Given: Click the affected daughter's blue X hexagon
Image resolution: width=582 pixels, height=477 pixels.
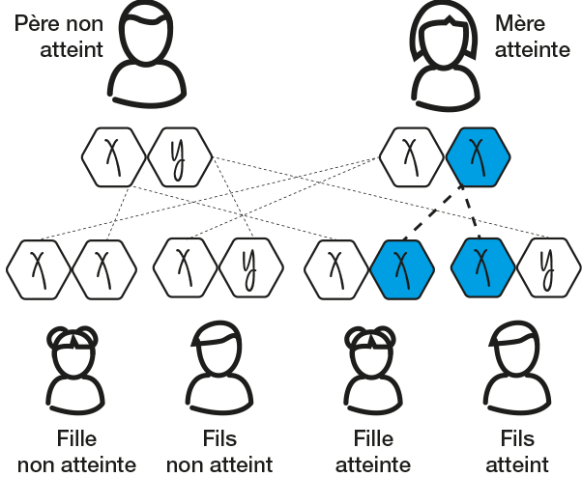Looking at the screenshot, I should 401,265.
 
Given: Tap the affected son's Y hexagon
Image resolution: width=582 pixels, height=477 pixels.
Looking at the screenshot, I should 547,265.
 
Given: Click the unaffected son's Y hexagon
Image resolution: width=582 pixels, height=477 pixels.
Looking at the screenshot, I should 247,265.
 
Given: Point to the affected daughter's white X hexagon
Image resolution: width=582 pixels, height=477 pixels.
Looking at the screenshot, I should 335,265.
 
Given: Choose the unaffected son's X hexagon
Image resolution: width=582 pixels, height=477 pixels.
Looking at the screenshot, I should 182,265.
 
